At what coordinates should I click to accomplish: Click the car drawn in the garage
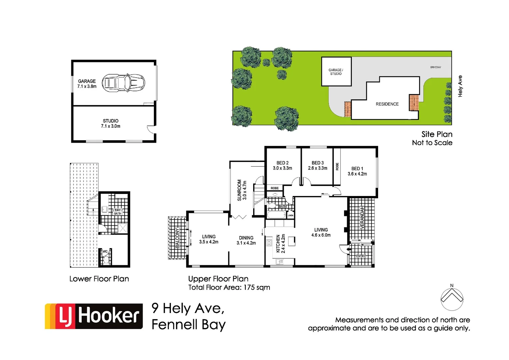123,83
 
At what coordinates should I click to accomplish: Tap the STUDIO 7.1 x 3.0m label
111,123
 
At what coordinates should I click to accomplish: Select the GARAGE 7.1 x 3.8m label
87,84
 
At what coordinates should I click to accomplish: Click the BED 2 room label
282,165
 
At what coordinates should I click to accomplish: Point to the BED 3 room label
317,165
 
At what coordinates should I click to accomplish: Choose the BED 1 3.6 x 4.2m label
357,171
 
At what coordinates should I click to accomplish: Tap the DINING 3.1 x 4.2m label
246,240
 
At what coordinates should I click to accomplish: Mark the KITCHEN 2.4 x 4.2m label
280,243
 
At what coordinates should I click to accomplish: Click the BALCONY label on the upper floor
177,238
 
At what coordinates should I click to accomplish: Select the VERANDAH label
362,217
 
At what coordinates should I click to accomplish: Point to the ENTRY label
361,256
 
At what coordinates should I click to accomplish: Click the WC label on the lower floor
105,252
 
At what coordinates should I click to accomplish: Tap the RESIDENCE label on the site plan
387,104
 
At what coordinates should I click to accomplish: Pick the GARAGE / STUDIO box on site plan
336,72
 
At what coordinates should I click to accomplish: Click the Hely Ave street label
460,86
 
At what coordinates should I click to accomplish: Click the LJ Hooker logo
94,316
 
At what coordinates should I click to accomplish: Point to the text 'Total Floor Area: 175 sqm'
229,287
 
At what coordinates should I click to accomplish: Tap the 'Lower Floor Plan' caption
99,279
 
